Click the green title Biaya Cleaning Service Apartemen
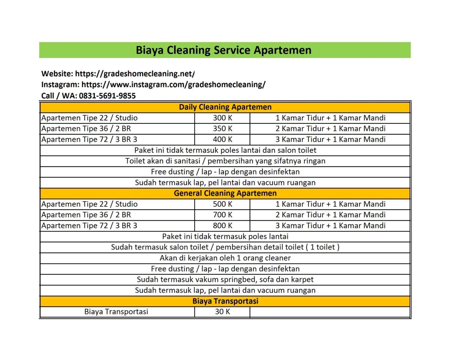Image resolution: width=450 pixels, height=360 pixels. [224, 50]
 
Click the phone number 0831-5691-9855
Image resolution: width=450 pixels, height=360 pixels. [107, 96]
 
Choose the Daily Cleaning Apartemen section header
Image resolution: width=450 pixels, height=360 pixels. [225, 107]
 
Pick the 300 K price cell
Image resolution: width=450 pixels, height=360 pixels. [222, 118]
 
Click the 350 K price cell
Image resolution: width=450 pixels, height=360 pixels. [222, 129]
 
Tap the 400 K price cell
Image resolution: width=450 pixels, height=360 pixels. [222, 139]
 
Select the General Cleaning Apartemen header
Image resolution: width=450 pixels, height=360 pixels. [225, 193]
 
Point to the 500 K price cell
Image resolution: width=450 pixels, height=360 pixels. [222, 204]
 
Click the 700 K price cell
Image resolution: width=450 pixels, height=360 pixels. [222, 215]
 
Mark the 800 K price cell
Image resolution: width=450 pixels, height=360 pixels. [222, 226]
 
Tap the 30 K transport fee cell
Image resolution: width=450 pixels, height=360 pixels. [222, 312]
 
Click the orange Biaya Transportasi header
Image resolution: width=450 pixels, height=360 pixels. [225, 301]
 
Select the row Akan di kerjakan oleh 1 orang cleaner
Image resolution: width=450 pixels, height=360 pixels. [225, 258]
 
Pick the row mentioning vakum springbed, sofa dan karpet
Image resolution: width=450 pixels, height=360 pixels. [225, 279]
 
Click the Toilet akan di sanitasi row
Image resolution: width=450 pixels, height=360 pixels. [225, 161]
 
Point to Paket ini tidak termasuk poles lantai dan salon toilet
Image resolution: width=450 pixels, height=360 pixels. [225, 150]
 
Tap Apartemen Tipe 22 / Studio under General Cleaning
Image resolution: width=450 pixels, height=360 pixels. [89, 204]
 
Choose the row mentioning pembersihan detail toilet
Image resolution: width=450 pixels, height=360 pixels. [225, 247]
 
